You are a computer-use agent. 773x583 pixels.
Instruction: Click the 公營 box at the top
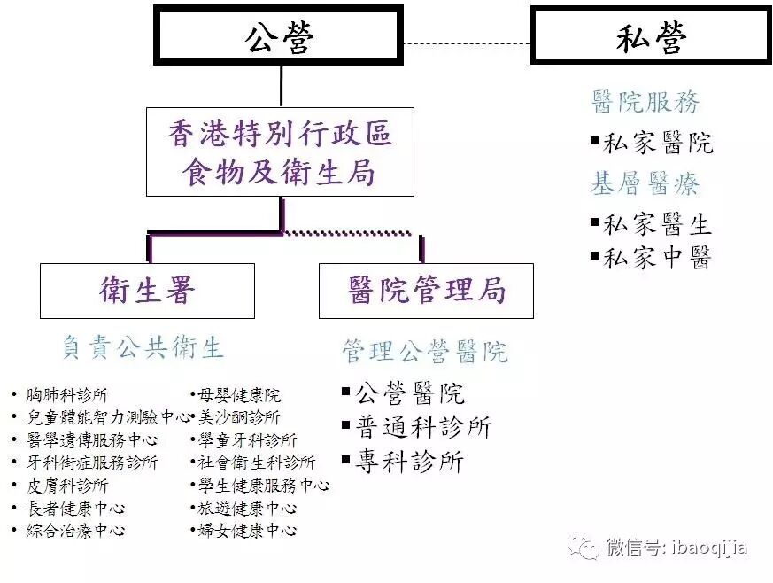(x=279, y=35)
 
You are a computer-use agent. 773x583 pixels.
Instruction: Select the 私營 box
(x=650, y=35)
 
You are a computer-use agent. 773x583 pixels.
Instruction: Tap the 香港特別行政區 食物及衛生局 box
(x=280, y=152)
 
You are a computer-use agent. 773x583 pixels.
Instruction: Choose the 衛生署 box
(x=147, y=291)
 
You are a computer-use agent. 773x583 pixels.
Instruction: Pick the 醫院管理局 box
(x=426, y=291)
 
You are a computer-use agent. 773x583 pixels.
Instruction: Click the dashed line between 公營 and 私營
(x=467, y=43)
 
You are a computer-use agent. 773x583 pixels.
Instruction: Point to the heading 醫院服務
(x=645, y=103)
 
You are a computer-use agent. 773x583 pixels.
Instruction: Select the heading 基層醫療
(x=645, y=184)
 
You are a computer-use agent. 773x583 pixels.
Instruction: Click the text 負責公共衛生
(x=143, y=347)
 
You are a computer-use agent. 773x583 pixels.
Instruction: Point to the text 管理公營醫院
(x=426, y=353)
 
